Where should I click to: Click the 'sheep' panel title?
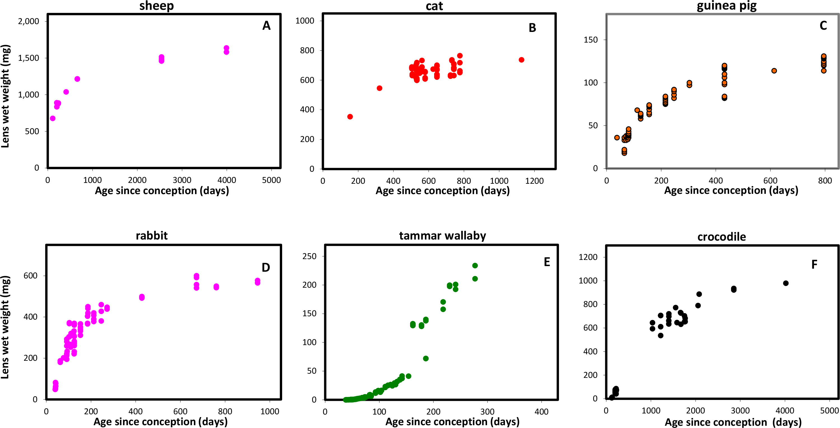point(156,6)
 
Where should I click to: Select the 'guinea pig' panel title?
point(727,6)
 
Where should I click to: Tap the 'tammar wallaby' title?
point(442,236)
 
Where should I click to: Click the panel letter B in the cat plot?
point(532,28)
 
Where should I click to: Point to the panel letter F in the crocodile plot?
point(814,265)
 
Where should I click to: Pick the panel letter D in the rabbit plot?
point(266,268)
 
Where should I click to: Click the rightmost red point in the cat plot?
point(521,60)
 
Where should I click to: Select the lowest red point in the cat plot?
point(350,117)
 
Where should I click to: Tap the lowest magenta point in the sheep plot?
point(53,118)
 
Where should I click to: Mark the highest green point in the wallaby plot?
point(475,266)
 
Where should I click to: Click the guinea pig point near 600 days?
point(774,71)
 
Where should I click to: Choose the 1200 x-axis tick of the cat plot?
point(534,181)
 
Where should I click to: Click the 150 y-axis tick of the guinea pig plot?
point(591,40)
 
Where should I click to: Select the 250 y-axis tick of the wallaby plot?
point(310,256)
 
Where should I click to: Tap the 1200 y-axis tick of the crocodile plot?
point(588,257)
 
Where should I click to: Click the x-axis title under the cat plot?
point(443,190)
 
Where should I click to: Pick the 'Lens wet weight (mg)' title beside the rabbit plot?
point(6,327)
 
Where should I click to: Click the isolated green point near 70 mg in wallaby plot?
point(425,359)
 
